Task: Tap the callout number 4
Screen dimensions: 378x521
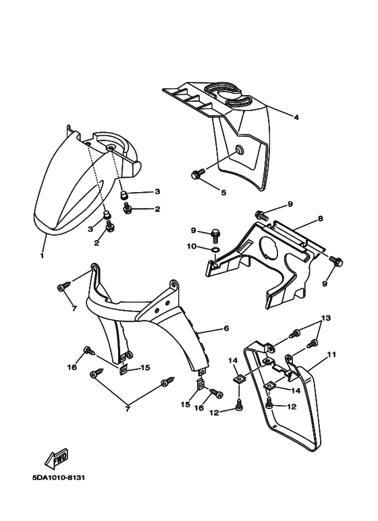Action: point(296,117)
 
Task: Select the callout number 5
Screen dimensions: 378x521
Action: point(223,192)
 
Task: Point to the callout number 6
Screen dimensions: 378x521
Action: point(226,328)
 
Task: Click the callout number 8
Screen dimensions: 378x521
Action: point(321,218)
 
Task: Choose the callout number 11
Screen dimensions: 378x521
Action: point(331,355)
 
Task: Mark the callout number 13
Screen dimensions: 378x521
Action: point(326,317)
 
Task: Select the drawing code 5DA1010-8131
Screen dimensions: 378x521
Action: point(59,478)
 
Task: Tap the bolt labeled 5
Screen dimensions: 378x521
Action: point(198,174)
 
